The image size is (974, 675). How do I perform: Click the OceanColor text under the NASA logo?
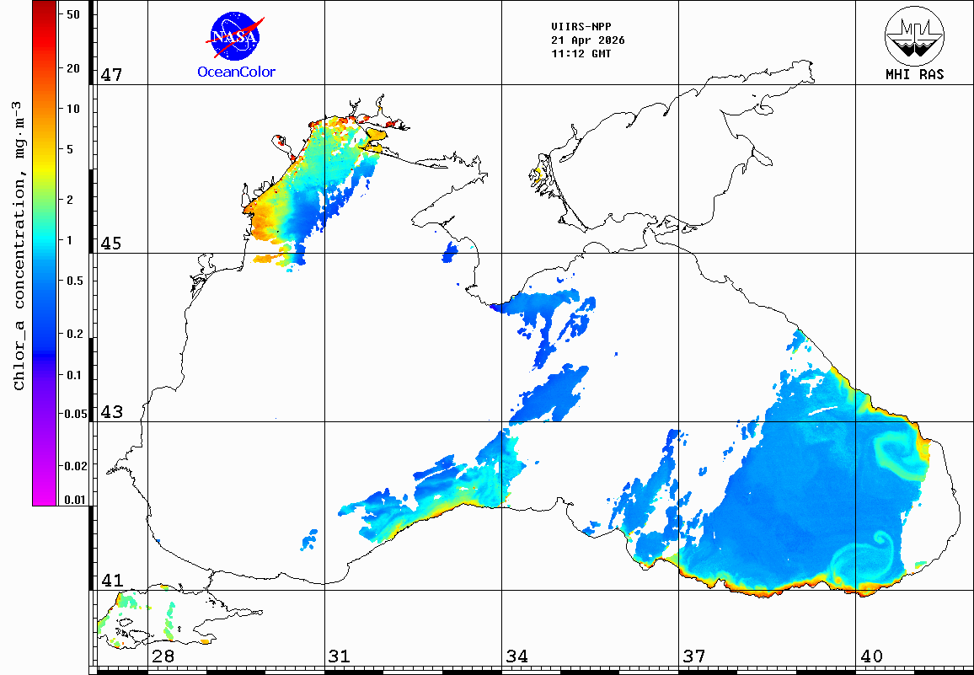coord(236,72)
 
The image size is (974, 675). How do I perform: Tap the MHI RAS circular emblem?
coord(914,36)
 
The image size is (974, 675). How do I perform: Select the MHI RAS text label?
coord(914,74)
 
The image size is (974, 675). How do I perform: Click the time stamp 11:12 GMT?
coord(581,53)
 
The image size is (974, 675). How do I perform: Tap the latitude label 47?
coord(112,75)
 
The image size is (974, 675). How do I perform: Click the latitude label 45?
coord(112,244)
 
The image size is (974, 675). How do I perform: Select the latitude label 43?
coord(112,412)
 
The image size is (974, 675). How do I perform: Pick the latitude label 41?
coord(112,581)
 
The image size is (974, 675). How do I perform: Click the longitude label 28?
coord(163,656)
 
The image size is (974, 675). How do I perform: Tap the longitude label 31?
coord(340,656)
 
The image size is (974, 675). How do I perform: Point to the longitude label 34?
coord(517,656)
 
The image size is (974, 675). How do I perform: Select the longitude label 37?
coord(694,656)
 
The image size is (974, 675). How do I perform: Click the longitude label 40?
coord(871,656)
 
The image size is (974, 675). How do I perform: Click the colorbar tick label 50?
coord(72,14)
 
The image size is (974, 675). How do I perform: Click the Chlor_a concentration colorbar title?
coord(19,244)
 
